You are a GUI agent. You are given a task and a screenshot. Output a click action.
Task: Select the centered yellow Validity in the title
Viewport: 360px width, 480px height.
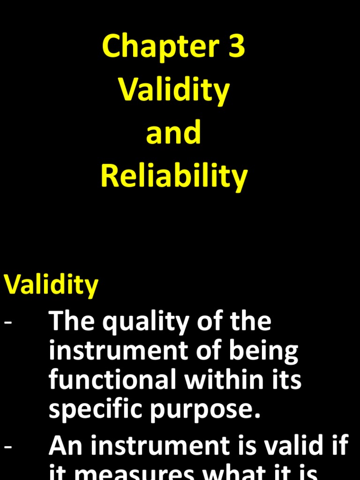point(174,90)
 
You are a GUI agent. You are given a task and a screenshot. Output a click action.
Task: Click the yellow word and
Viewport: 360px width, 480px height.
point(173,133)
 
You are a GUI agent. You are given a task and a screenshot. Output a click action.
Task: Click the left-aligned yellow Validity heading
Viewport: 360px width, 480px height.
point(51,285)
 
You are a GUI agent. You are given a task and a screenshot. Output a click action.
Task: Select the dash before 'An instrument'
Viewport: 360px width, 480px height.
point(8,446)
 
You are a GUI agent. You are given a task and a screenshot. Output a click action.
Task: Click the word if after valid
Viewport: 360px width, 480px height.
point(338,445)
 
